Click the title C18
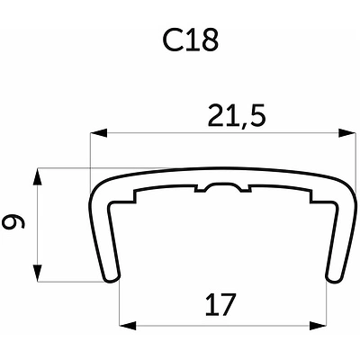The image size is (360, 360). point(190,41)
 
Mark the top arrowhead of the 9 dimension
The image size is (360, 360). point(37,174)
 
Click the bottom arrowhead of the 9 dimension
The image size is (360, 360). point(37,275)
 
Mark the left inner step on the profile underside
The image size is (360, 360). point(134,195)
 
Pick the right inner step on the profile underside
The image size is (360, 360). point(309,195)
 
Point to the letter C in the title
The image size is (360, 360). point(175,41)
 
